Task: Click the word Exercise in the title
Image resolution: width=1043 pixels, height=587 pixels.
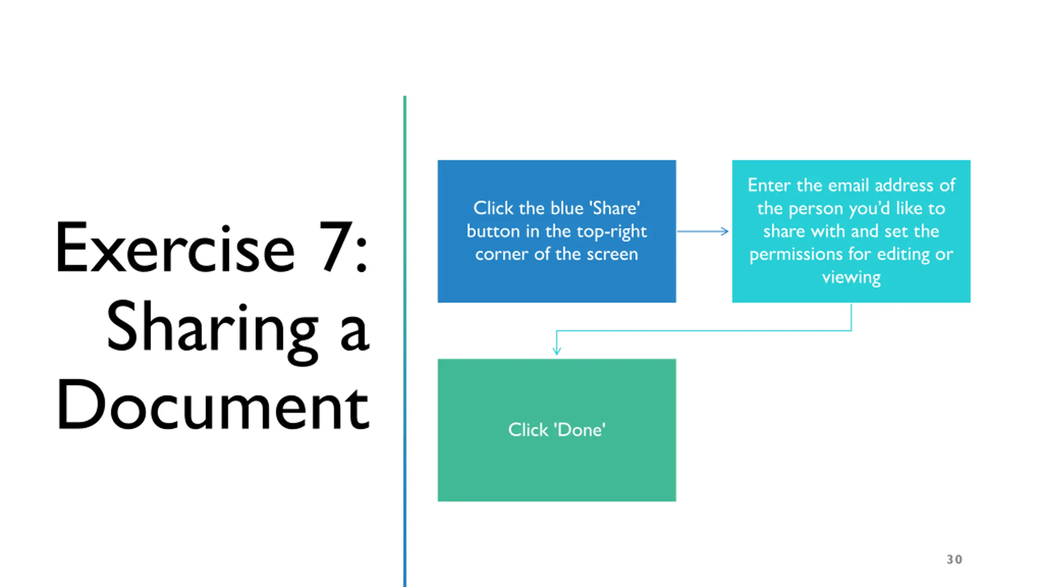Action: pyautogui.click(x=175, y=247)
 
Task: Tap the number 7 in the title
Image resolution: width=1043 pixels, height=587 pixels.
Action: pyautogui.click(x=337, y=246)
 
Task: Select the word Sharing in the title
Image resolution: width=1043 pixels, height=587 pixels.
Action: pyautogui.click(x=212, y=331)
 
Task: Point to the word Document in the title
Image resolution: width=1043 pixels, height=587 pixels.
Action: pyautogui.click(x=213, y=404)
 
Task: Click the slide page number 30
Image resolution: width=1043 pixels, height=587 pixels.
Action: pyautogui.click(x=954, y=559)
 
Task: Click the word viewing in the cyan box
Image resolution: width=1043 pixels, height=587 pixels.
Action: pyautogui.click(x=851, y=278)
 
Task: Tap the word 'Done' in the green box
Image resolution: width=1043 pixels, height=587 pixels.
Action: pyautogui.click(x=579, y=430)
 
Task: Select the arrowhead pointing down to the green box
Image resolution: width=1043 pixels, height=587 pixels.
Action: pyautogui.click(x=557, y=351)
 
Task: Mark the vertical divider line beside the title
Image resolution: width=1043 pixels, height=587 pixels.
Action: pyautogui.click(x=405, y=341)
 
